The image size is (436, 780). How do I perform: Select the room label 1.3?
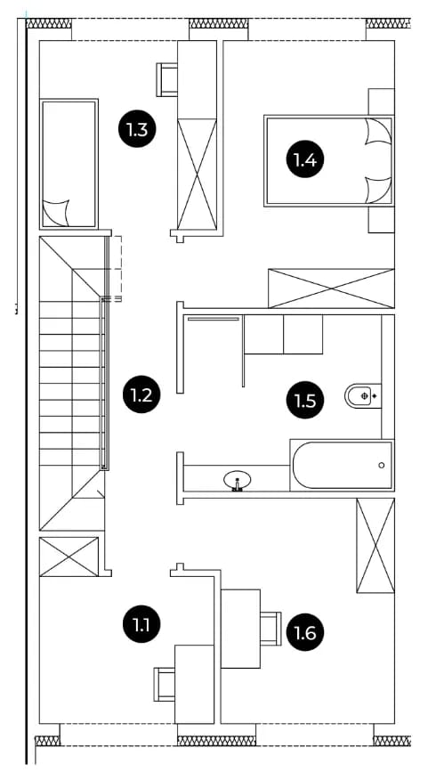[x=137, y=130]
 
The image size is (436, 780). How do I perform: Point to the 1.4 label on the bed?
[x=304, y=159]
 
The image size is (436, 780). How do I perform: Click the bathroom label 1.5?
[x=304, y=400]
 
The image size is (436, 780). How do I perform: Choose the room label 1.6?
[x=304, y=632]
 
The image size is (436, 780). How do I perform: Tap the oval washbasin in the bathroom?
[x=238, y=481]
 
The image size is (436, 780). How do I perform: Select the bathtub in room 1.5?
[x=342, y=465]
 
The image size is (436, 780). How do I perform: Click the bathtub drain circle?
[x=382, y=465]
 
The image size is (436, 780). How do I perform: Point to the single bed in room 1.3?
[x=69, y=164]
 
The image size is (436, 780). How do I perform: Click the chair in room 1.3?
[x=167, y=79]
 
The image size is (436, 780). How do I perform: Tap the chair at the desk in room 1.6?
[x=271, y=629]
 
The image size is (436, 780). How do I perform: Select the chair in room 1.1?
[x=165, y=685]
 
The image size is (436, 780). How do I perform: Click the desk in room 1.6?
[x=240, y=629]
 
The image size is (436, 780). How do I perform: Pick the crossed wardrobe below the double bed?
[x=331, y=288]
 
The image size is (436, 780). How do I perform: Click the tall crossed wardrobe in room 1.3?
[x=198, y=175]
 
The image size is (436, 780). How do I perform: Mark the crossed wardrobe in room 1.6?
[x=375, y=546]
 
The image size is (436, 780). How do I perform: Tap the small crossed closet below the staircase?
[x=69, y=557]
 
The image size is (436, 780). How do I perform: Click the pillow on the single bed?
[x=56, y=213]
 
